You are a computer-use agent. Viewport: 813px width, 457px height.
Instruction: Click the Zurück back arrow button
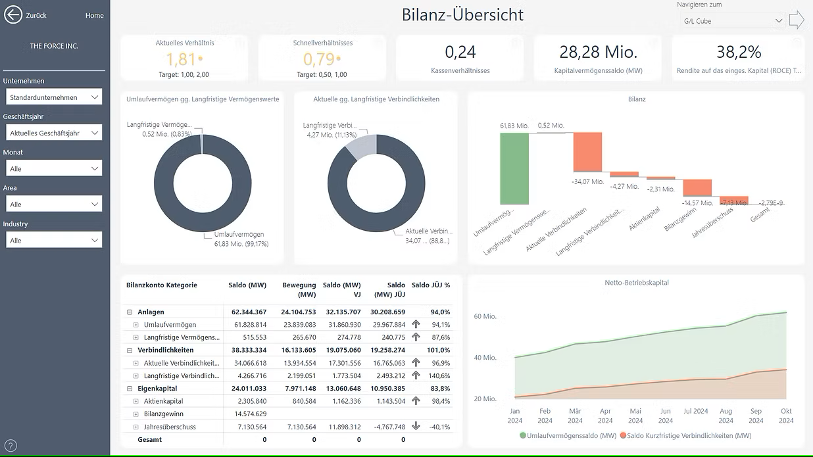pos(13,14)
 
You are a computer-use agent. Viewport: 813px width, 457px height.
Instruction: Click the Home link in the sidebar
pos(94,16)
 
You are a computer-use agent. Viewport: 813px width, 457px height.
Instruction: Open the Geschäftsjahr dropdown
pos(54,133)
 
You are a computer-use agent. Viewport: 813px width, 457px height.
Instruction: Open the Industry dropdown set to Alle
pos(54,241)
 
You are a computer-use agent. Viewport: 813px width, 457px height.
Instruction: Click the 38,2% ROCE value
pos(739,52)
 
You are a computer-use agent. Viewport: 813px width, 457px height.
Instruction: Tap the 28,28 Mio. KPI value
pos(598,52)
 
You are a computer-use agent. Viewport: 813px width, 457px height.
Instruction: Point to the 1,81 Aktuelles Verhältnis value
pos(181,59)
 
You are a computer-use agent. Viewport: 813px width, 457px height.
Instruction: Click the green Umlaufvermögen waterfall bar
pos(514,168)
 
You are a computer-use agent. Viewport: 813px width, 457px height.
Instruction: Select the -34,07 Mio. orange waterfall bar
pos(587,152)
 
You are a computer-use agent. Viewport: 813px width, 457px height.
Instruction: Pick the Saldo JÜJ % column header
pos(430,285)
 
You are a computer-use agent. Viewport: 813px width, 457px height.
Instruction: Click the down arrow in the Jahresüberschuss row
pos(416,426)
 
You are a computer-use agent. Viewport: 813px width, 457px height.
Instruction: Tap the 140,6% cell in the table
pos(439,375)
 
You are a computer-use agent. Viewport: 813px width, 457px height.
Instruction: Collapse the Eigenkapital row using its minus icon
pos(130,389)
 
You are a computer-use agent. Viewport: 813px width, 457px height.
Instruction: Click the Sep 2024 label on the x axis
pos(756,416)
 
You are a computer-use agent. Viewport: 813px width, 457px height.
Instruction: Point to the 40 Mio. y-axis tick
pos(485,358)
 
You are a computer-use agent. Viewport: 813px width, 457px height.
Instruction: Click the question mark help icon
pos(11,446)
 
